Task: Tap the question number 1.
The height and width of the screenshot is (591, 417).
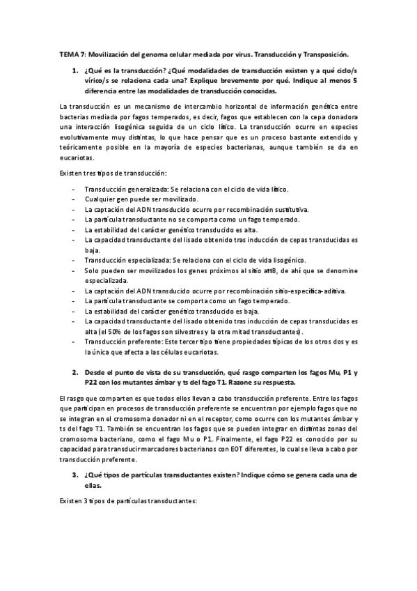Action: click(74, 72)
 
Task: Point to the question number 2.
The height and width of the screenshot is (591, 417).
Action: click(74, 373)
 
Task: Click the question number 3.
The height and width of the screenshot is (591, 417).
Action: click(74, 475)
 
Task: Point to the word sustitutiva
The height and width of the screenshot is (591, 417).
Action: click(295, 209)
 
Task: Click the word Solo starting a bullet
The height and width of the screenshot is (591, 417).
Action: click(92, 270)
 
